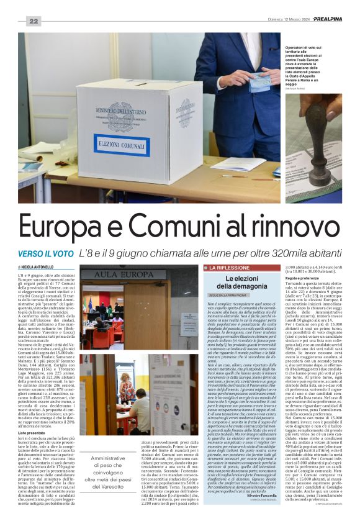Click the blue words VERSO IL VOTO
click(x=45, y=253)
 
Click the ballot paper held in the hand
click(x=258, y=81)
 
